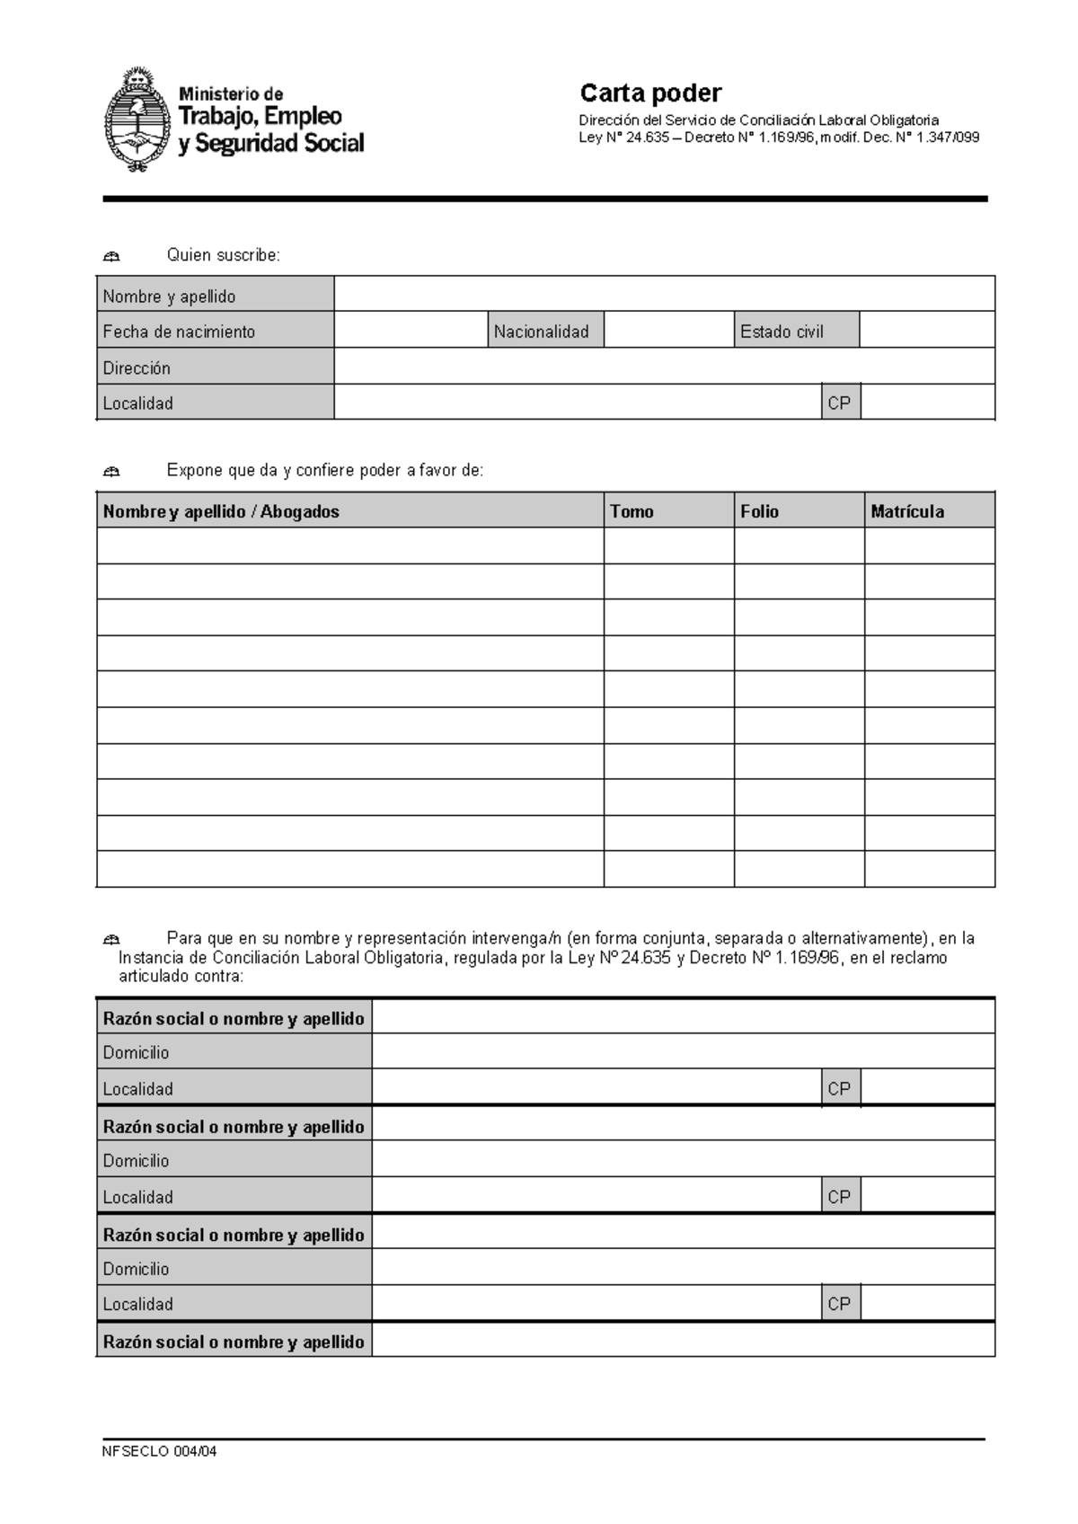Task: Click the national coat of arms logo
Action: point(137,119)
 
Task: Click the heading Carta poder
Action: point(649,93)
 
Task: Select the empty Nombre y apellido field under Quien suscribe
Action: point(664,294)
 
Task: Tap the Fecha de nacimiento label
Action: point(179,332)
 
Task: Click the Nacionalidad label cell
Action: point(542,332)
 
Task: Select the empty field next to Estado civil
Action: point(926,330)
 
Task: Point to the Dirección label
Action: point(137,368)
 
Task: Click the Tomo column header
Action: point(632,511)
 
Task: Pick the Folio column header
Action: point(759,511)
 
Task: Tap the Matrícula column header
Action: point(907,511)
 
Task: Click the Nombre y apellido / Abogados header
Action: point(221,511)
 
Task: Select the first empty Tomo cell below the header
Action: point(668,545)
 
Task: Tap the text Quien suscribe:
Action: point(224,255)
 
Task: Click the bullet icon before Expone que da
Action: point(111,472)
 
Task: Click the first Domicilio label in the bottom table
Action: point(136,1052)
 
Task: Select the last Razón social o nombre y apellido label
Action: point(234,1342)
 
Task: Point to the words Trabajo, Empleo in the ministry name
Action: point(261,116)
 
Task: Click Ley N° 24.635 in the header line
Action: point(623,137)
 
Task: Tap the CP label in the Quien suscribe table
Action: point(839,403)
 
